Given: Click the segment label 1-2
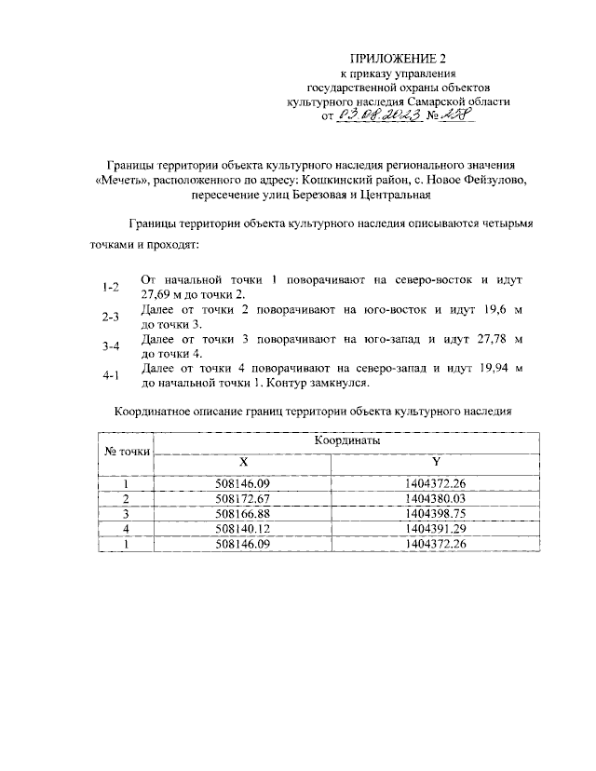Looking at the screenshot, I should click(112, 286).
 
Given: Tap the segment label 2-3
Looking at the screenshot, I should click(112, 317).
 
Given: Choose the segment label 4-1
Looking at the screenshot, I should click(112, 375).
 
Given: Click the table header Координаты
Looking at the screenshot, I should click(345, 440).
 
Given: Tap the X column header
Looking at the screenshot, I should click(243, 463).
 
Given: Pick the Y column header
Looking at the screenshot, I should click(436, 463).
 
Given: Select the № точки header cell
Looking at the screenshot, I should click(126, 452).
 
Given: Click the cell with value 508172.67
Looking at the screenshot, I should click(241, 499).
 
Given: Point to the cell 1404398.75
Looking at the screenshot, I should click(436, 513).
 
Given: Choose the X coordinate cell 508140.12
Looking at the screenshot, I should click(241, 528).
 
